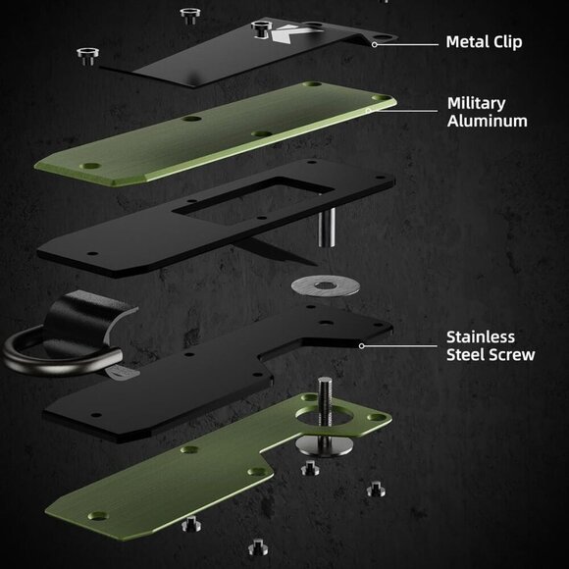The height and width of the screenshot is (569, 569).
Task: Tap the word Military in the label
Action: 476,103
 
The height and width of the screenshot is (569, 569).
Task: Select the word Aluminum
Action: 487,121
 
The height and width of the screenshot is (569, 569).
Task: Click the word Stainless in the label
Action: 481,337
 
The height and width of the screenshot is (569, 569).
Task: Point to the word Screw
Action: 513,354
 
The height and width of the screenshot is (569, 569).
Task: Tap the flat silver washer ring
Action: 326,285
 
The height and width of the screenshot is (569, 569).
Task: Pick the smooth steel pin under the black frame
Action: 327,228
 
